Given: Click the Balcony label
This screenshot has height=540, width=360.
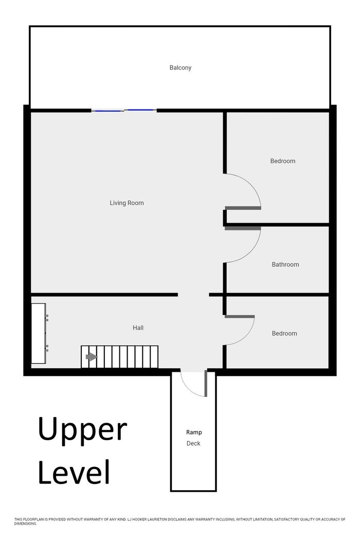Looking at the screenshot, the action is tap(180, 68).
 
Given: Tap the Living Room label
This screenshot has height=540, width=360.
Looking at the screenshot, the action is tap(127, 203).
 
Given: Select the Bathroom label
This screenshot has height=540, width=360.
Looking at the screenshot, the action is tap(285, 264).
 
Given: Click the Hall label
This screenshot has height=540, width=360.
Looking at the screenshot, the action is tap(138, 328).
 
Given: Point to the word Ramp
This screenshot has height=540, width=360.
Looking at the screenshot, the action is tap(194, 433).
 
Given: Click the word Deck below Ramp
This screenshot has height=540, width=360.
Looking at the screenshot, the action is tap(193, 443).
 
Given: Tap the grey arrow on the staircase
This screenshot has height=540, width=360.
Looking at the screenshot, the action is tap(92, 357).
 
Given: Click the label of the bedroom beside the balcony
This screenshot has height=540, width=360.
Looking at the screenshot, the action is tap(283, 161).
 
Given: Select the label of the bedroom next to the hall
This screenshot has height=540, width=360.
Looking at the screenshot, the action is tap(284, 333).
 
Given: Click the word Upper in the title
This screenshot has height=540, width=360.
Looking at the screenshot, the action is tap(82, 429).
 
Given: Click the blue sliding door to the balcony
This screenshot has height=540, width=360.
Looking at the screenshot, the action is tap(124, 110).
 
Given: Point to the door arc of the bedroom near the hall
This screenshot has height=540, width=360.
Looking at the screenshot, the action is tap(247, 337).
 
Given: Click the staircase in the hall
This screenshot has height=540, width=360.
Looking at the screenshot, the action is tap(119, 357).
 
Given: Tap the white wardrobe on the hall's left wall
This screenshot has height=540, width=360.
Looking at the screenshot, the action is tap(39, 333).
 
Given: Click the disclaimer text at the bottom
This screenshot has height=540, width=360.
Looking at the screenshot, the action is tap(180, 521).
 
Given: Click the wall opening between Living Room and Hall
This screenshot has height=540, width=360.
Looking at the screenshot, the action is tap(193, 295).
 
